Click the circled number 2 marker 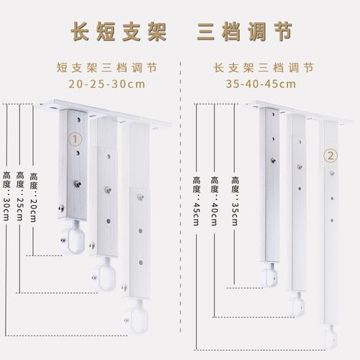click(x=330, y=156)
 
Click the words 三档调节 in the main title click(x=243, y=32)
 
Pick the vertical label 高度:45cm click(x=196, y=197)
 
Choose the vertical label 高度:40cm click(x=214, y=197)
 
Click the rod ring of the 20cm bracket click(x=71, y=237)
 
